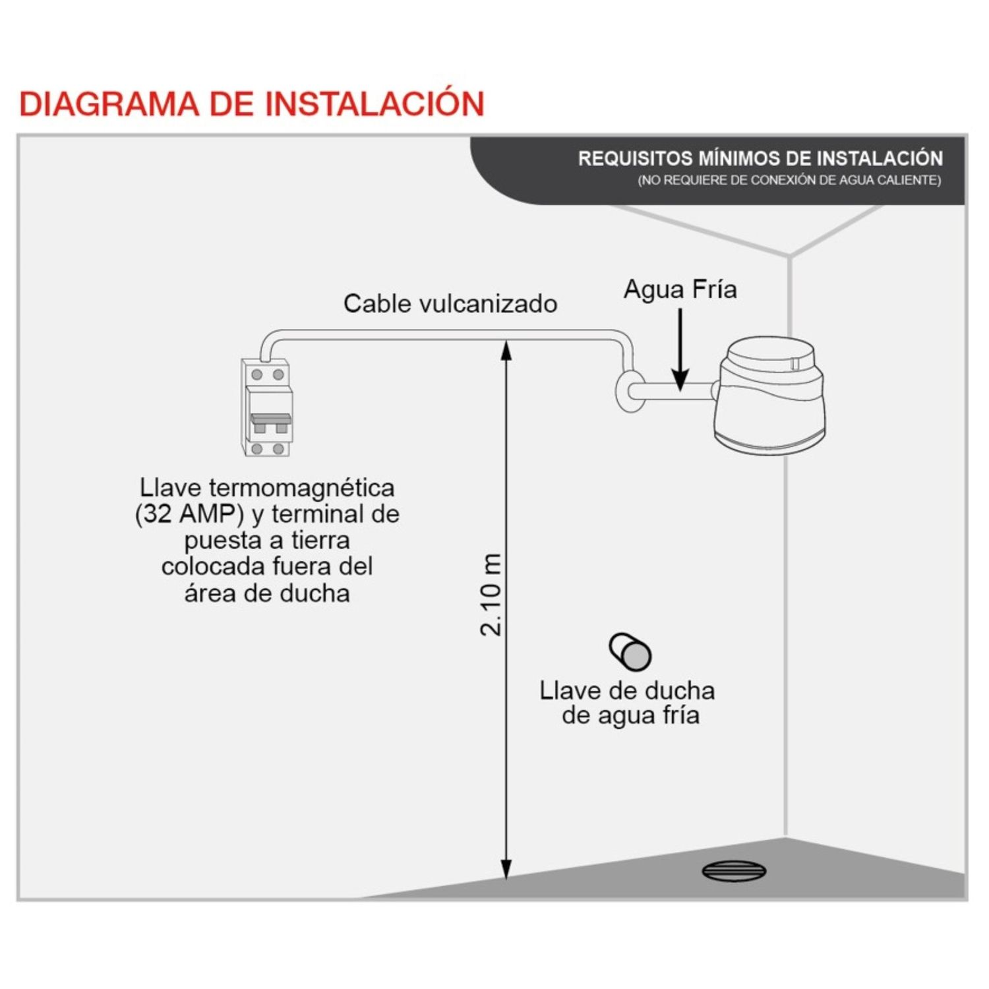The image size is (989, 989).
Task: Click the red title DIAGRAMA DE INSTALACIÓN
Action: point(252,104)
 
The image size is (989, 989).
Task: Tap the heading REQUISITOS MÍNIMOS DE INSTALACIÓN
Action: point(760,158)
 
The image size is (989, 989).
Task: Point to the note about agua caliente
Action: point(789,180)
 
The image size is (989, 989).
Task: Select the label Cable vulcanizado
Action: point(450,303)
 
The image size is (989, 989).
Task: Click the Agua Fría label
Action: point(680,289)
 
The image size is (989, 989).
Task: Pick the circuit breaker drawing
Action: point(266,407)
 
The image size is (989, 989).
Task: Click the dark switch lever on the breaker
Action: point(270,419)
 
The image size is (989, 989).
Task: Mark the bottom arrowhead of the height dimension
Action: point(506,869)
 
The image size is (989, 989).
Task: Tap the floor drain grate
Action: point(734,871)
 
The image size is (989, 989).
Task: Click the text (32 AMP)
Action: point(189,514)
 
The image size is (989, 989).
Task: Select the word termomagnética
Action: point(302,489)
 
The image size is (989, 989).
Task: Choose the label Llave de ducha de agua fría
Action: point(627,703)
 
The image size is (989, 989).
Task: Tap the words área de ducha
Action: point(266,593)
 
